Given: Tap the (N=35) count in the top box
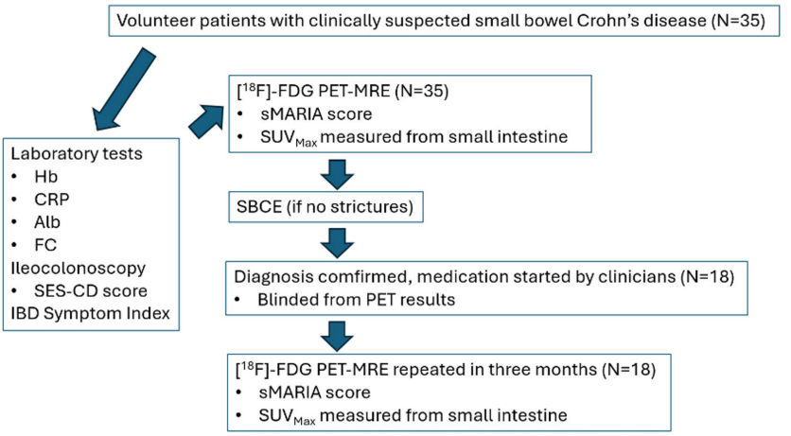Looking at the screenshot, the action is click(738, 21).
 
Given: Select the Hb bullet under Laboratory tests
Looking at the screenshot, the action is click(46, 177).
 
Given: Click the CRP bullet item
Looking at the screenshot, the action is click(52, 200).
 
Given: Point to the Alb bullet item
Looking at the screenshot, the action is click(47, 221).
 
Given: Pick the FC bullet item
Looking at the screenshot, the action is click(45, 245).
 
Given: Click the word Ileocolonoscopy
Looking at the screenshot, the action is click(79, 269).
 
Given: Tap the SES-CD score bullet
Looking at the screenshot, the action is click(91, 291).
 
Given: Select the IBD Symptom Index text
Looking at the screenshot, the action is click(90, 313).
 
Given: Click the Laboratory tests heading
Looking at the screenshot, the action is click(77, 153).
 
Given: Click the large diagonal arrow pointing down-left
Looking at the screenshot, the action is click(124, 89).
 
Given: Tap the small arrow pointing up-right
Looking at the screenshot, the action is click(207, 121).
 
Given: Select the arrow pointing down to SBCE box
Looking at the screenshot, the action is click(337, 174).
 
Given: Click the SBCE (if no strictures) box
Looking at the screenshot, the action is click(325, 207).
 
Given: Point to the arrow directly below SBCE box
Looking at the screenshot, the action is click(337, 243).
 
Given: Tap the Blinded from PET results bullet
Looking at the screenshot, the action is click(356, 300).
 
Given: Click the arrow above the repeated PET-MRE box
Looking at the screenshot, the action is click(337, 336).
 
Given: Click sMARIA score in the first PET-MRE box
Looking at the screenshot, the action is click(316, 113).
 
